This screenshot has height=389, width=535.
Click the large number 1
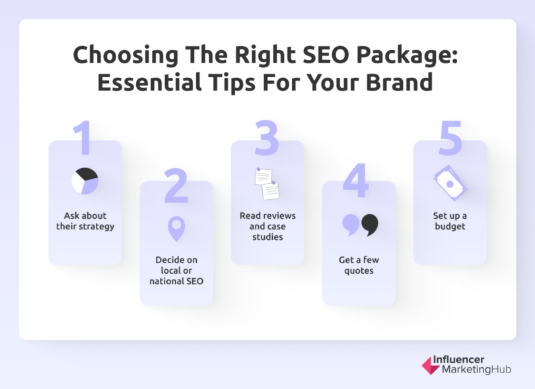tap(82, 140)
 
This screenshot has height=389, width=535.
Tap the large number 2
tap(176, 186)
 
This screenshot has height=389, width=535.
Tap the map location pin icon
tap(176, 229)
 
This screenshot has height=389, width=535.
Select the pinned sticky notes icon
tap(267, 184)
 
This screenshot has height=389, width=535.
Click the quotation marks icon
tap(360, 225)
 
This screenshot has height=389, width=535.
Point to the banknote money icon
tap(450, 181)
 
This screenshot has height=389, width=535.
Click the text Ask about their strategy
tap(85, 221)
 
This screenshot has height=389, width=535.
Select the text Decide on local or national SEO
tap(176, 270)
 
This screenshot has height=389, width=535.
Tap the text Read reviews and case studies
tap(267, 226)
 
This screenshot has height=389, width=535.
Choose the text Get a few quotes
tap(359, 265)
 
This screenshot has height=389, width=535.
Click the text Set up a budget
tap(450, 221)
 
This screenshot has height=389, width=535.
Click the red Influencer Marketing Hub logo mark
tap(430, 366)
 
